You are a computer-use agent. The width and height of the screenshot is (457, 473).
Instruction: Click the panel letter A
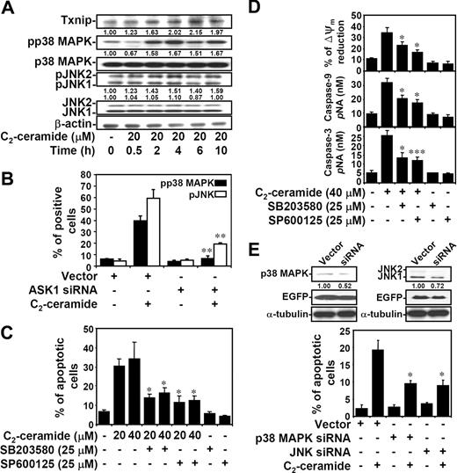pos(9,8)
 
